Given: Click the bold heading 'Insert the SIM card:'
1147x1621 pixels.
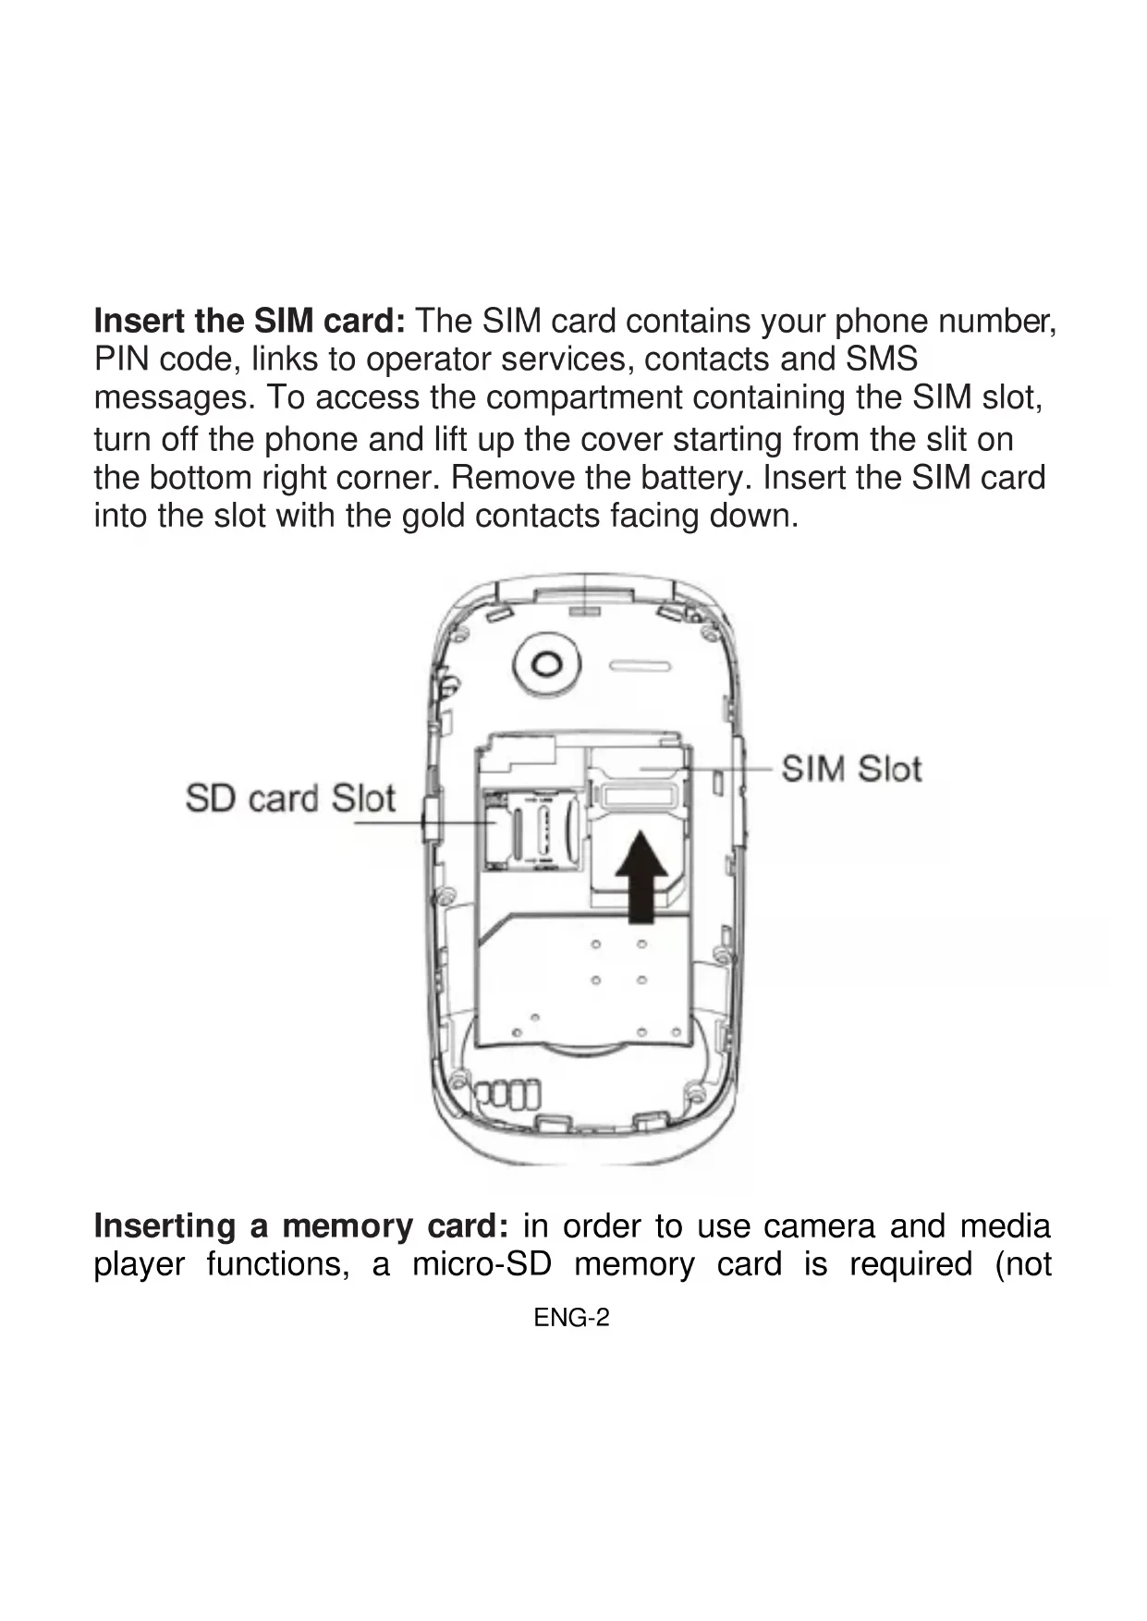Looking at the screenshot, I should point(250,322).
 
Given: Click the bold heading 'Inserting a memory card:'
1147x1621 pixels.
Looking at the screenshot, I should point(301,1226).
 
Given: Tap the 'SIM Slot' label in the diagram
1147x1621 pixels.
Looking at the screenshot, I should point(851,769).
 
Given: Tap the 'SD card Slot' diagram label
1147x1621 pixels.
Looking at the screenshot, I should point(290,798).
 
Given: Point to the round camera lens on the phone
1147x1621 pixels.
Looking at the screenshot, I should point(547,664).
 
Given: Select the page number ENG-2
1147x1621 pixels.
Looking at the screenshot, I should point(572,1318).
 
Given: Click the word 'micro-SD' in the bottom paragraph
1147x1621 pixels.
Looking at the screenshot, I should point(482,1264).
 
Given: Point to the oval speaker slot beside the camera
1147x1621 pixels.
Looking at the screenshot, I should point(640,666).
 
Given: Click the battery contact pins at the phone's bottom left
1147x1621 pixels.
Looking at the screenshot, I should point(506,1094).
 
